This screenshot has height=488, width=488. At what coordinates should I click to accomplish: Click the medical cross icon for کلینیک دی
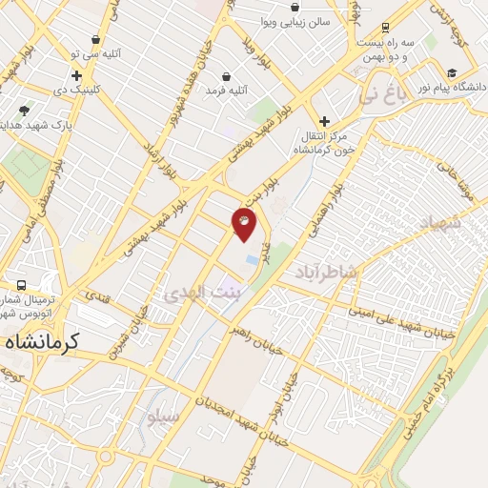pyautogui.click(x=76, y=74)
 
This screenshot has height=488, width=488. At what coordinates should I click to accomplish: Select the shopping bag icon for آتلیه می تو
pyautogui.click(x=96, y=40)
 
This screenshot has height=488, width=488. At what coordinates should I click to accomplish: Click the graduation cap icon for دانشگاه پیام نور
pyautogui.click(x=452, y=72)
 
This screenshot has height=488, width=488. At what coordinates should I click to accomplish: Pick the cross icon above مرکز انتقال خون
pyautogui.click(x=325, y=121)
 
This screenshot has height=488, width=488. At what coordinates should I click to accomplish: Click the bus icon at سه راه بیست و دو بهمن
pyautogui.click(x=385, y=29)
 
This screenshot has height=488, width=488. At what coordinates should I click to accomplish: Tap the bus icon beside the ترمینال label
pyautogui.click(x=21, y=285)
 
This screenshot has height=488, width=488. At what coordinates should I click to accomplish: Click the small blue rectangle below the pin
pyautogui.click(x=252, y=259)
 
